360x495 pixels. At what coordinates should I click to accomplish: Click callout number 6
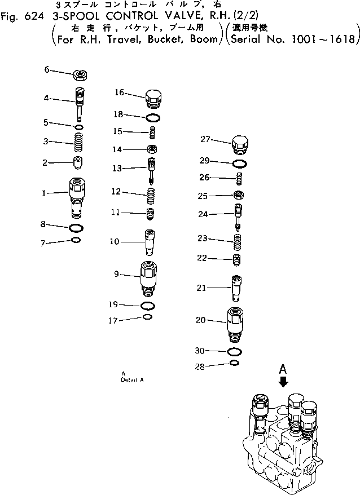(x=47, y=69)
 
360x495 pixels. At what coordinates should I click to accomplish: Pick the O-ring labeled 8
(x=77, y=228)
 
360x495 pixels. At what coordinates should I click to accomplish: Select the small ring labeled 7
(x=76, y=241)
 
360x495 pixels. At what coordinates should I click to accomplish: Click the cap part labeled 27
(x=240, y=145)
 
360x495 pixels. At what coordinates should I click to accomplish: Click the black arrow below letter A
(x=283, y=382)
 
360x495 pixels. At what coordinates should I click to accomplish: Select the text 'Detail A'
(x=132, y=379)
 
